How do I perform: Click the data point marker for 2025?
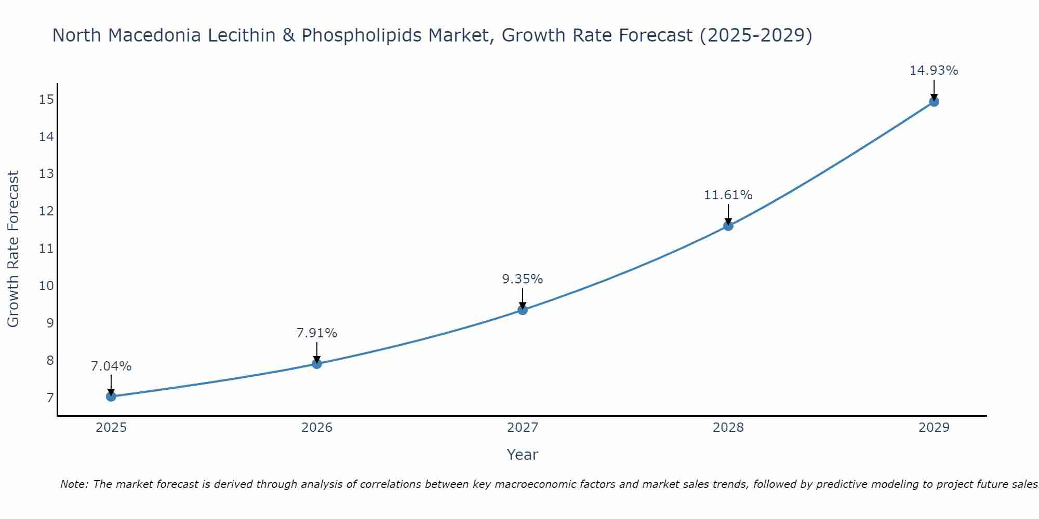[x=111, y=397]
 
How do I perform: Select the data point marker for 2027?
[x=523, y=310]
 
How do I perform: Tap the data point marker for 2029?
[x=934, y=102]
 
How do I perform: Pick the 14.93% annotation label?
[x=934, y=71]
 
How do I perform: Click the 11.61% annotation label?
[x=728, y=195]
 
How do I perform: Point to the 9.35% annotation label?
[x=522, y=279]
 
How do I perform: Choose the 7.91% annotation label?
[x=317, y=333]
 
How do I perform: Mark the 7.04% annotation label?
[x=111, y=366]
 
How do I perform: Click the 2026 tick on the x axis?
[x=317, y=428]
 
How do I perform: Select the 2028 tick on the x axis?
[x=728, y=428]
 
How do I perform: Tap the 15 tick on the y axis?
[x=46, y=100]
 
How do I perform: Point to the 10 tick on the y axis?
[x=46, y=286]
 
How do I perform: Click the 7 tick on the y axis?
[x=50, y=398]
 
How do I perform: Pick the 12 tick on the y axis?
[x=46, y=211]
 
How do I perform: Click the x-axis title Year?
[x=522, y=455]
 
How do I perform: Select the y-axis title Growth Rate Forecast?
[x=13, y=249]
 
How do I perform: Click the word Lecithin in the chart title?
[x=244, y=35]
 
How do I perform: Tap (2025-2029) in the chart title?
[x=756, y=35]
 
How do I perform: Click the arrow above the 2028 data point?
[x=728, y=214]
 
